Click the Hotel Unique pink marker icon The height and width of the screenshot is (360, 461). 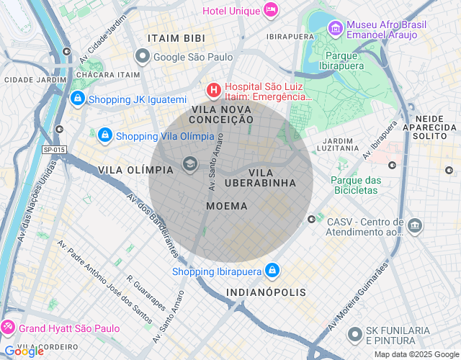pos(271,10)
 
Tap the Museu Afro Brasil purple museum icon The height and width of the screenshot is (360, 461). pos(335,29)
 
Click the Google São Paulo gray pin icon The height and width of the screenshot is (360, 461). pos(143,56)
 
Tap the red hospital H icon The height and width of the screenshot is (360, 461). pos(213,90)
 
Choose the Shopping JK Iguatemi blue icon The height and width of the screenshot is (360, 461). pos(77,98)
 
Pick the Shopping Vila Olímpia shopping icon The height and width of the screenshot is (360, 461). pos(104,135)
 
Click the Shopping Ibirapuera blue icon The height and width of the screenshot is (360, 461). pos(272,271)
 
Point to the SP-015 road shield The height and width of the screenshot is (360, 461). pos(53,150)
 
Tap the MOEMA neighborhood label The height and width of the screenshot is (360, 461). pos(226,206)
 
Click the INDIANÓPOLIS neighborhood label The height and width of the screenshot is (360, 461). pos(266,292)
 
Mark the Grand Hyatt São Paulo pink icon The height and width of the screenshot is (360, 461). pos(8,328)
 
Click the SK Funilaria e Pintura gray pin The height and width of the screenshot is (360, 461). pos(354,334)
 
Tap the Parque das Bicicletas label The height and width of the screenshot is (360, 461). pos(355,185)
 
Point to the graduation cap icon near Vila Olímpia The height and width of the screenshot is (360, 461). pos(190,164)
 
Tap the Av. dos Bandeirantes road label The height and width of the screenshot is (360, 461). pos(152,225)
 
